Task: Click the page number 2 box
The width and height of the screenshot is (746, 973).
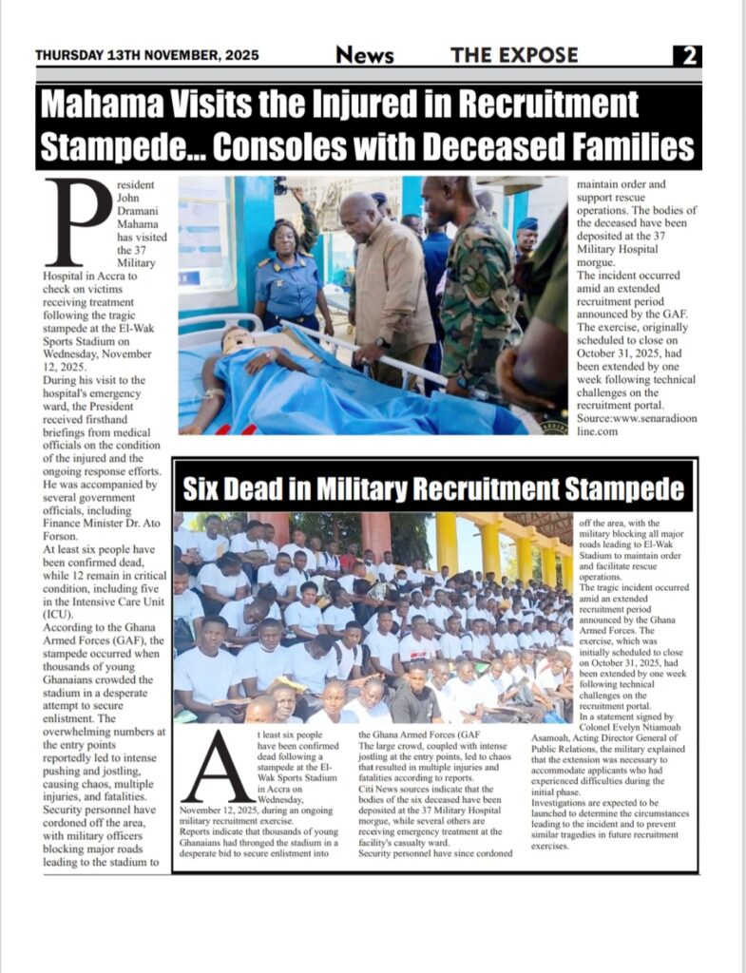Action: tap(687, 55)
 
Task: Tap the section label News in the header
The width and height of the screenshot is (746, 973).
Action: tap(365, 55)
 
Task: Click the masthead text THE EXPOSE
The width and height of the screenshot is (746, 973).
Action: tap(514, 55)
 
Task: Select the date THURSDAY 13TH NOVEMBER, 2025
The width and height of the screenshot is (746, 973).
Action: tap(146, 55)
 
